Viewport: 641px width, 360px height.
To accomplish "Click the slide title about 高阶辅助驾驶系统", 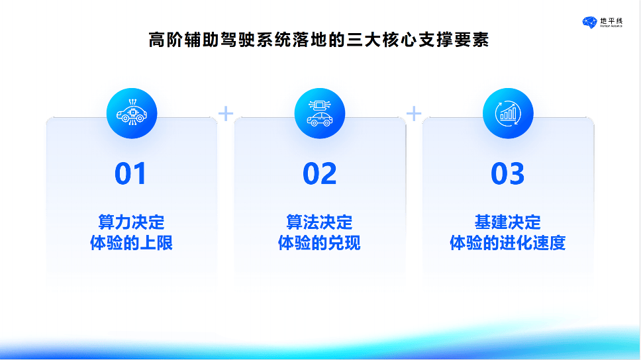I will tap(319, 40).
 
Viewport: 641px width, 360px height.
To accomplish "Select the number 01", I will tap(130, 174).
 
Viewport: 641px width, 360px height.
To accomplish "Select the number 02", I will tap(320, 174).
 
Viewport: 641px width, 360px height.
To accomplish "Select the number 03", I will tap(507, 174).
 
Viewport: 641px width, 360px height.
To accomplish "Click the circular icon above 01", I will tap(131, 114).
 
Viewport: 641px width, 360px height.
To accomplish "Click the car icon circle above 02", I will tap(320, 114).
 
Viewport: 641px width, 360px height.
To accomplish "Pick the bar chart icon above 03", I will tap(508, 114).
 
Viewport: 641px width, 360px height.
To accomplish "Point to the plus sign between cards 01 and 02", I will tap(226, 114).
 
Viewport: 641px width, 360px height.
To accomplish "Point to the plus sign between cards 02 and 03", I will tap(414, 114).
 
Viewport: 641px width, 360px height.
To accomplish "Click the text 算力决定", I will tap(131, 221).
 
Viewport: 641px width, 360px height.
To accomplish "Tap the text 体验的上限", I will tap(131, 243).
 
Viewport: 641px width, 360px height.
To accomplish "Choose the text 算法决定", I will tap(319, 221).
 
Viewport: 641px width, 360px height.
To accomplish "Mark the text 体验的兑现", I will tap(319, 243).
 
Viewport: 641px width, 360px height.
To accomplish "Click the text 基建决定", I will tap(507, 221).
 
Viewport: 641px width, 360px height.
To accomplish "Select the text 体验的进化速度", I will tap(507, 243).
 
